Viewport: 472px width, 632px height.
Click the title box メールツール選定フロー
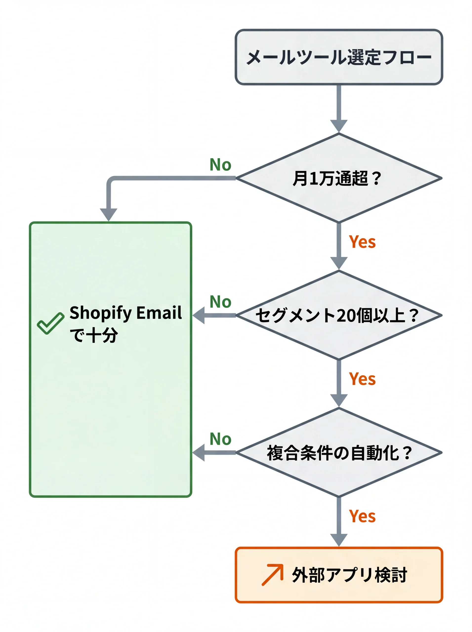click(339, 57)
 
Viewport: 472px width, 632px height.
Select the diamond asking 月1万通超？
click(339, 178)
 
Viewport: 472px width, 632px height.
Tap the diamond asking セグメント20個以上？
click(339, 315)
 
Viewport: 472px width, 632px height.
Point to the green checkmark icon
click(50, 323)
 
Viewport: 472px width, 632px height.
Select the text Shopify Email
click(125, 313)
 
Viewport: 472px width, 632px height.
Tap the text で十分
click(94, 335)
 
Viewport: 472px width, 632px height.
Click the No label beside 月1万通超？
click(220, 165)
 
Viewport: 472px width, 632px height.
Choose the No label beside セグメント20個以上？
click(220, 302)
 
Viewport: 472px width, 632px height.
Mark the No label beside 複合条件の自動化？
click(220, 439)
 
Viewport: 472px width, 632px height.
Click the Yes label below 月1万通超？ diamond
click(362, 242)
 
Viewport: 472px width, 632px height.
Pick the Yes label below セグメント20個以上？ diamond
click(362, 379)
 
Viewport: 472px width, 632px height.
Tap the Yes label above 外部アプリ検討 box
click(362, 516)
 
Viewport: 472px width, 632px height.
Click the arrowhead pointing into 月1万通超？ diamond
click(339, 126)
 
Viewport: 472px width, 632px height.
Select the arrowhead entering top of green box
click(109, 214)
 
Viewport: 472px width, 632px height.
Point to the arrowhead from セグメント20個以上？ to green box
click(199, 315)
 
